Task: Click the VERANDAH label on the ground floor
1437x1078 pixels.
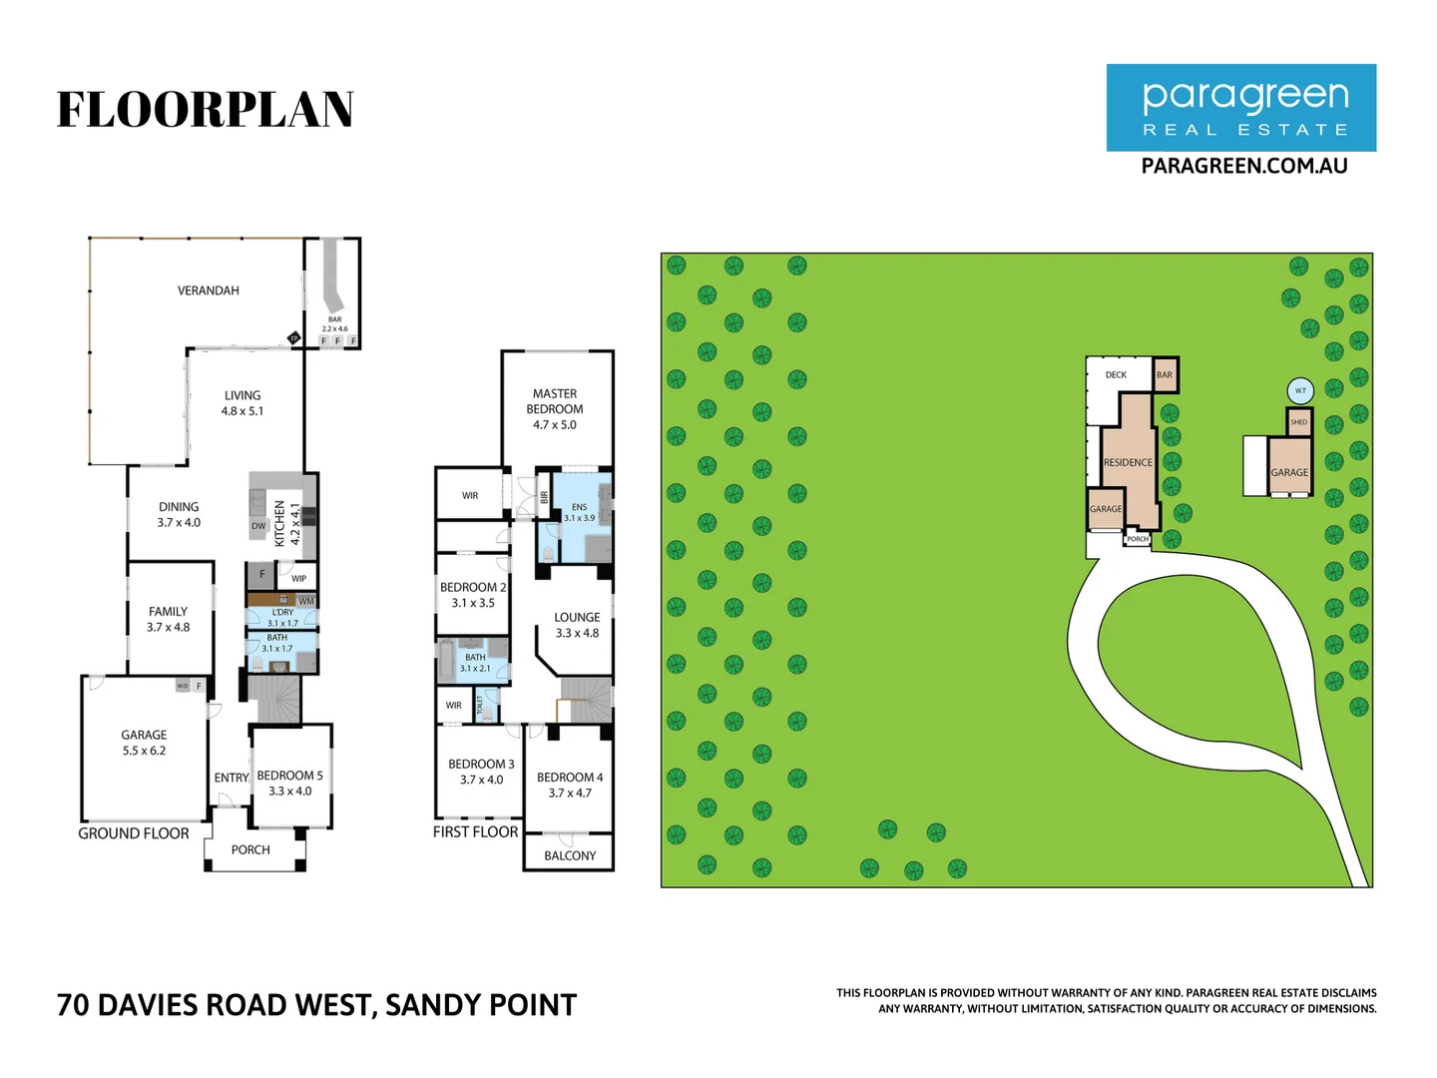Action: click(208, 290)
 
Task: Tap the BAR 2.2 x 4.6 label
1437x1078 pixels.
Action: click(334, 324)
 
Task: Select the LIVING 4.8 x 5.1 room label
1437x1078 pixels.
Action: click(242, 403)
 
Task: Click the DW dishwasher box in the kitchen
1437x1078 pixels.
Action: click(258, 526)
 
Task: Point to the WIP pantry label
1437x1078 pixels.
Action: click(298, 579)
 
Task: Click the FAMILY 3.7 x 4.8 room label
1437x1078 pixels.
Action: click(168, 619)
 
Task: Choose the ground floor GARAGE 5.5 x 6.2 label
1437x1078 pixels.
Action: click(144, 742)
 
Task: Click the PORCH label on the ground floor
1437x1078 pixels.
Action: click(250, 849)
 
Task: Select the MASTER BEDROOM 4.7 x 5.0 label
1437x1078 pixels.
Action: click(555, 409)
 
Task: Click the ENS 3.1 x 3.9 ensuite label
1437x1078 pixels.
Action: click(579, 512)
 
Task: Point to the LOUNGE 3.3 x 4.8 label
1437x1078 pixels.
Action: click(577, 625)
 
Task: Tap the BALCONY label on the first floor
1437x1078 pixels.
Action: click(570, 855)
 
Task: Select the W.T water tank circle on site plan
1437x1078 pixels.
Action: click(1299, 390)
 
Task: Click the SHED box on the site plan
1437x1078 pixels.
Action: click(1298, 422)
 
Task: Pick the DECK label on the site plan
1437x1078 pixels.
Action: click(1116, 375)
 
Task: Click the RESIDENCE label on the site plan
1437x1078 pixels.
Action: click(1128, 462)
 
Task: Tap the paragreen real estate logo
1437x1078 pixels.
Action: click(1240, 108)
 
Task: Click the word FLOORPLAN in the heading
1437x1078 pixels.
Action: click(206, 110)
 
